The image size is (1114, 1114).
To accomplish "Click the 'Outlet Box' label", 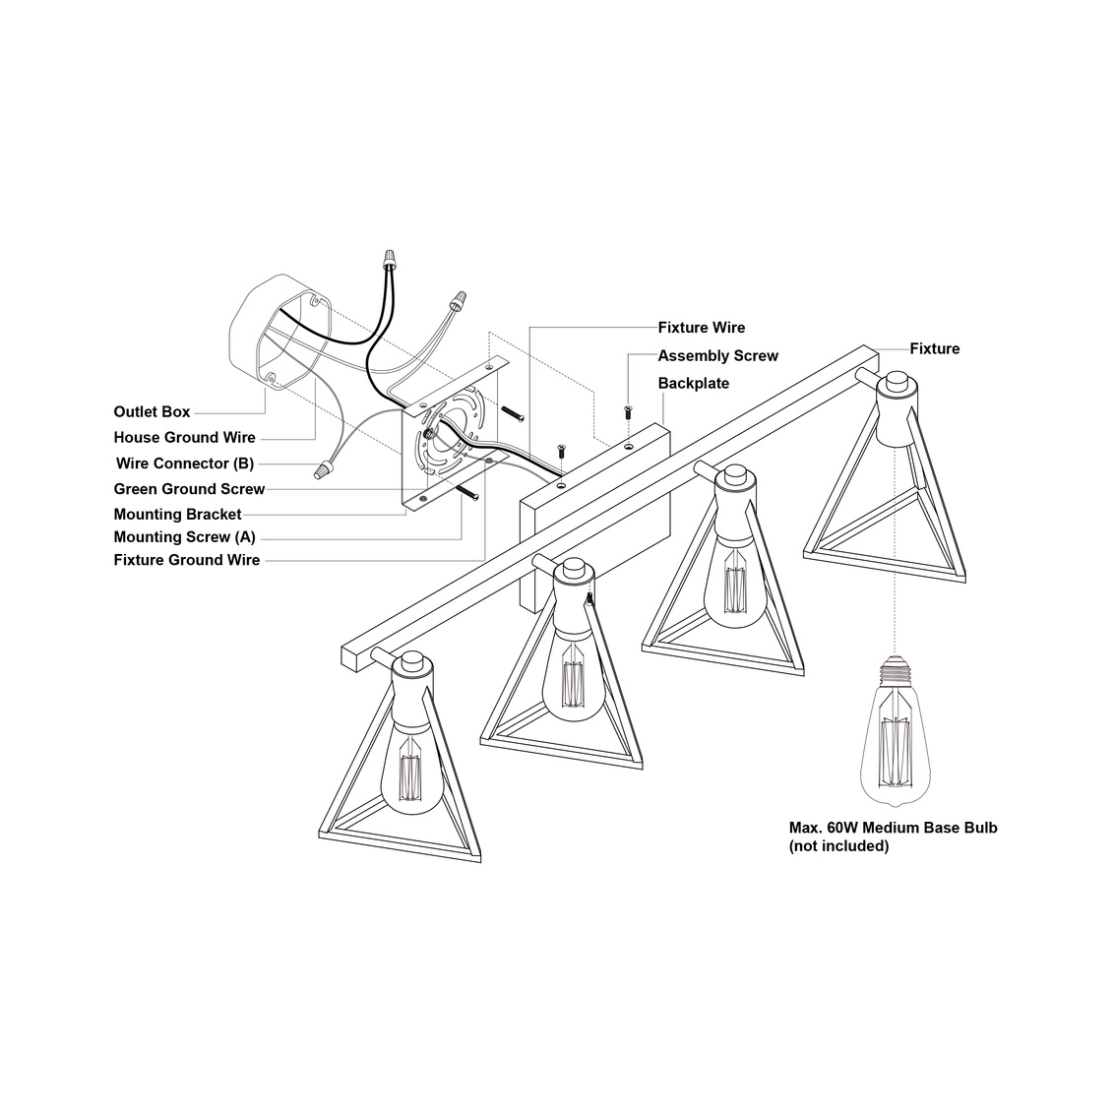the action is click(152, 412).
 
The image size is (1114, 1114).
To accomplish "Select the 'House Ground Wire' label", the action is click(185, 438).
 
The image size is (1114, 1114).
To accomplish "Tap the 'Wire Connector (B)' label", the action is click(185, 464).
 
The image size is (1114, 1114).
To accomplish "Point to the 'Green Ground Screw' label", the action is click(189, 489).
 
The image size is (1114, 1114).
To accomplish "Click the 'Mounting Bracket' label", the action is click(177, 515).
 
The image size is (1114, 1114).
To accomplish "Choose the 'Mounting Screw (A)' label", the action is click(185, 537).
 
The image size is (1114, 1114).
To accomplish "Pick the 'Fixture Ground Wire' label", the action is click(187, 560).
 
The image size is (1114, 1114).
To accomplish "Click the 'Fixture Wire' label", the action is click(702, 328).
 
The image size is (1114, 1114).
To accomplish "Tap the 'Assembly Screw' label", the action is click(717, 356).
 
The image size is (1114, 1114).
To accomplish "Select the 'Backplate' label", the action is click(694, 384).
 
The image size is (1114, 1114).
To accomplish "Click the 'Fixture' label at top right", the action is click(934, 348).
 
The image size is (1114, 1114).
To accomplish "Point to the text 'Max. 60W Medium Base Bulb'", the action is click(893, 828).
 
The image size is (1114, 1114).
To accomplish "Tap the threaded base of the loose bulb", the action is click(896, 670).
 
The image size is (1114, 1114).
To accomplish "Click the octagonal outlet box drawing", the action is click(279, 331).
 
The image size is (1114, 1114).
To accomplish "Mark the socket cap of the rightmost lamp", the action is click(897, 385).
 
